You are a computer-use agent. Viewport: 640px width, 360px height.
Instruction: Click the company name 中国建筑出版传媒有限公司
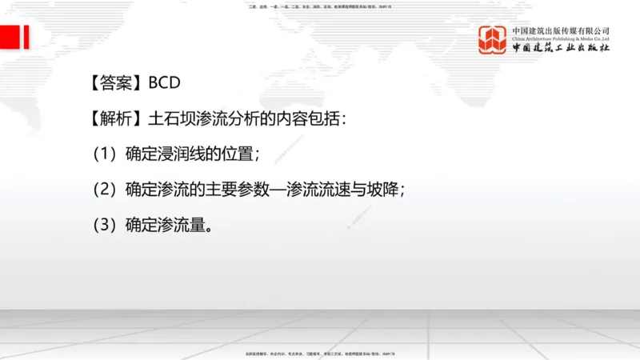[x=561, y=31]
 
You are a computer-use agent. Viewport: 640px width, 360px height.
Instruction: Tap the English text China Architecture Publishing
[x=561, y=38]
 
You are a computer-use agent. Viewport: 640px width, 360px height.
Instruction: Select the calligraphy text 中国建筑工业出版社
[x=561, y=48]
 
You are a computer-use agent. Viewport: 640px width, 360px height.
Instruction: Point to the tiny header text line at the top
[x=320, y=7]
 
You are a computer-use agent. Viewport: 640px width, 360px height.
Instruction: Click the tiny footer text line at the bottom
[x=320, y=353]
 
